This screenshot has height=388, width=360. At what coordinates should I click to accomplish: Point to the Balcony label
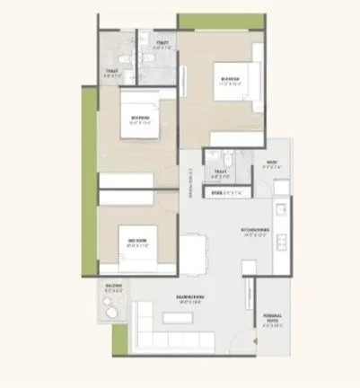(112, 289)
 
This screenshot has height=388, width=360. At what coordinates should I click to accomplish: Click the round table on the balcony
(110, 306)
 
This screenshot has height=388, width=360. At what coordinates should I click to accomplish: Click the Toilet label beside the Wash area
(219, 173)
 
